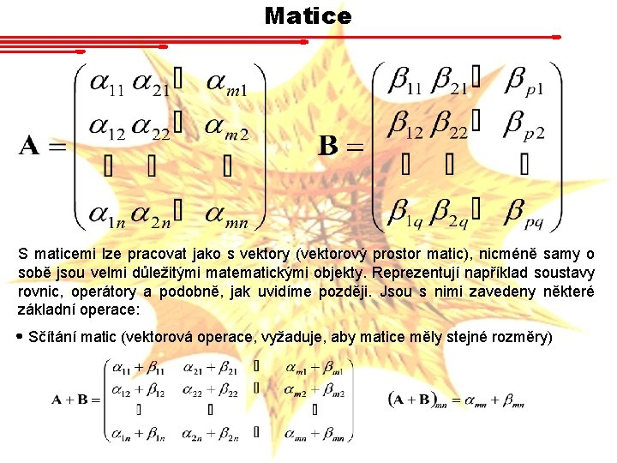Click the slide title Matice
point(308,15)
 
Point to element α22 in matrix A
point(152,126)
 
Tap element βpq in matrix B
point(524,210)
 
